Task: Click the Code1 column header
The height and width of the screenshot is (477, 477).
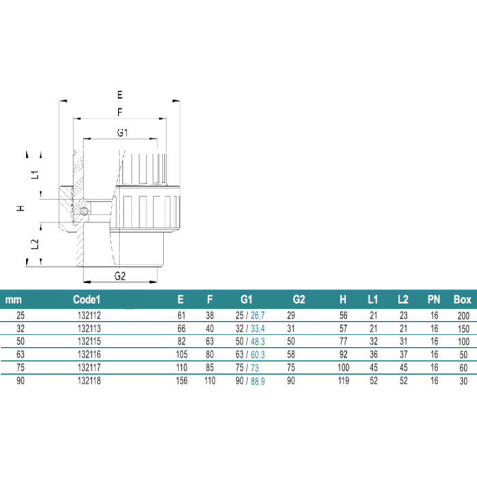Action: [87, 300]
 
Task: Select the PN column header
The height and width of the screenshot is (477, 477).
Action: [434, 300]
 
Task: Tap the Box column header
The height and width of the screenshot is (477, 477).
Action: [463, 300]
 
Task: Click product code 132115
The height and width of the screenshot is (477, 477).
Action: [89, 341]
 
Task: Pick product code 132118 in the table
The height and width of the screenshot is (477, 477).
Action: [89, 380]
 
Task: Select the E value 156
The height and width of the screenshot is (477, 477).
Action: [182, 380]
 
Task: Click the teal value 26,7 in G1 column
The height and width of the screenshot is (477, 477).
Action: [258, 316]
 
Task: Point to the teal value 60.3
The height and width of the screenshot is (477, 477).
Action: [258, 355]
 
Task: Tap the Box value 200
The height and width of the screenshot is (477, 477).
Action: [463, 316]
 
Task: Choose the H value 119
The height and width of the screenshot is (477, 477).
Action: [343, 380]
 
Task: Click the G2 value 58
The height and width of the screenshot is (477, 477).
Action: [291, 355]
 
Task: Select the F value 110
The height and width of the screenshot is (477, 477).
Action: [210, 380]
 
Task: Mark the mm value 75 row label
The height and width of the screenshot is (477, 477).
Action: [20, 367]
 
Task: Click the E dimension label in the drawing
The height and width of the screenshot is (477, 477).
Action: [120, 95]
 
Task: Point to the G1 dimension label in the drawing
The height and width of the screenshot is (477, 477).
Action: [122, 133]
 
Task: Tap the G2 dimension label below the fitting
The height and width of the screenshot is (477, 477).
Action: [120, 276]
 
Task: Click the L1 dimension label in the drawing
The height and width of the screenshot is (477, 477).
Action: [35, 174]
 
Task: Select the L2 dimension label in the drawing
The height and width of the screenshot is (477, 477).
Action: [35, 244]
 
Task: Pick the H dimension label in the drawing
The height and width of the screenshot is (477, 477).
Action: [20, 209]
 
